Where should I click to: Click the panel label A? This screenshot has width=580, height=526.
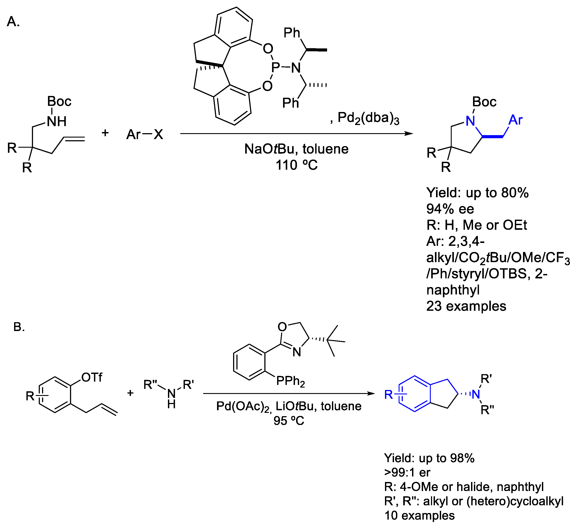13,22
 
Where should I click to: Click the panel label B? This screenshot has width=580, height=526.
19,327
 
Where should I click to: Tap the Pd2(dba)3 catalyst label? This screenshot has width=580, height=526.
368,118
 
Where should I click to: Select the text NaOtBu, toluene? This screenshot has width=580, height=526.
296,149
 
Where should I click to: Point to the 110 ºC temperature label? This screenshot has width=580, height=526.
296,165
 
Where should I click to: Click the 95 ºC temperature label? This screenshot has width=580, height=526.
289,421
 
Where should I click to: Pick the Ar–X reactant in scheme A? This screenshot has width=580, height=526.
145,134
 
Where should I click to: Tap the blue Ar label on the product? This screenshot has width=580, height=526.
515,120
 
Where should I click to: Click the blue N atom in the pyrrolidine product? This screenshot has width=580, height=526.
471,121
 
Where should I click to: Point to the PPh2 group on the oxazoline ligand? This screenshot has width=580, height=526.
290,381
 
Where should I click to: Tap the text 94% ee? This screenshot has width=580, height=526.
450,209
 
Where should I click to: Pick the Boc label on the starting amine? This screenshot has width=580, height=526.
59,101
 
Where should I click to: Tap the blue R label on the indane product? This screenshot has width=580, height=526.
389,395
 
